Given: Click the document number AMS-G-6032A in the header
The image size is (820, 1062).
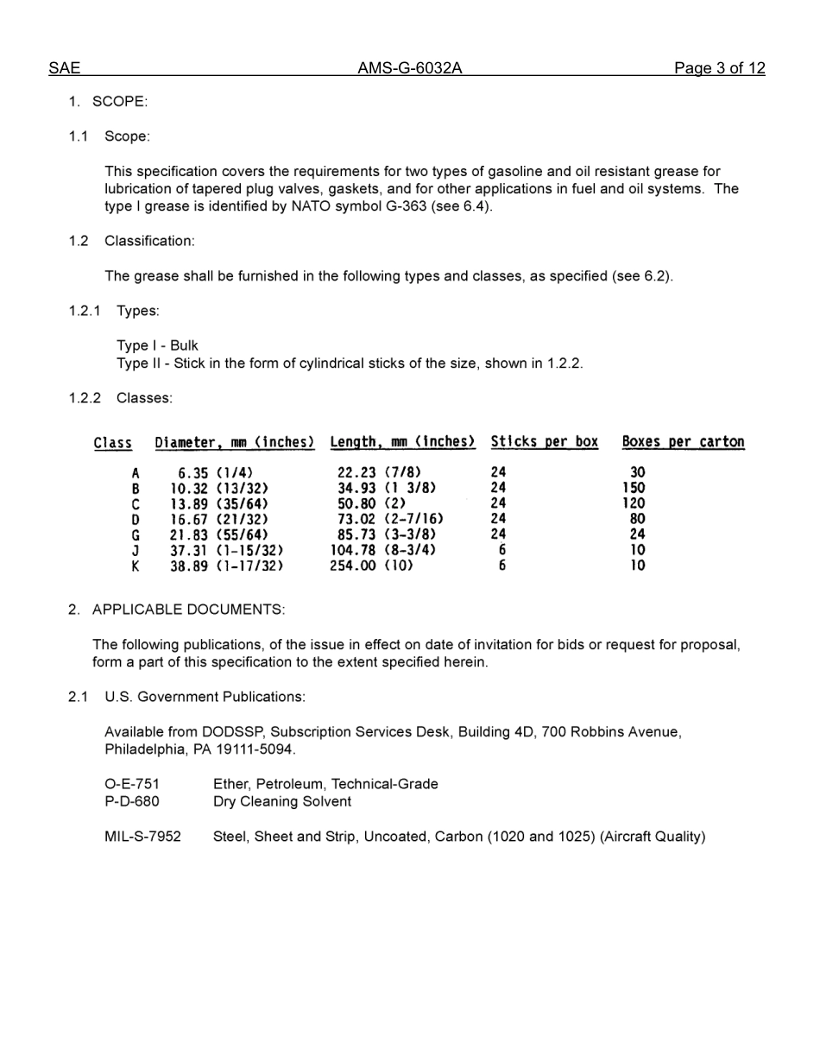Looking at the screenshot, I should click(409, 68).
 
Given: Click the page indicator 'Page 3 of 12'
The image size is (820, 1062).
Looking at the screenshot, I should click(719, 68).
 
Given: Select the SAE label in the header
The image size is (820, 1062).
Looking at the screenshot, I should click(64, 68).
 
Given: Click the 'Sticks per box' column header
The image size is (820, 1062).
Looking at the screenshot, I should click(544, 442).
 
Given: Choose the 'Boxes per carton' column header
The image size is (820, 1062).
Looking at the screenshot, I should click(683, 442).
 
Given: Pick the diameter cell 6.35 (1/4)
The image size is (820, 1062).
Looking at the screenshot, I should click(215, 473).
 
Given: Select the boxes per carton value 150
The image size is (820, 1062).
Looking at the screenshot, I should click(634, 488).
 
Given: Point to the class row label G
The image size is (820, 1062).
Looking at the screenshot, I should click(136, 535).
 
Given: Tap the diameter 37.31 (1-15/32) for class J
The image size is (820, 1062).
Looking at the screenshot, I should click(226, 551).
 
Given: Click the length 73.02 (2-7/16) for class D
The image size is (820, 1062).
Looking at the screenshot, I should click(390, 520).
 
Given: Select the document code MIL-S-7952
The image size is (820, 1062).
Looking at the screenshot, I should click(142, 837).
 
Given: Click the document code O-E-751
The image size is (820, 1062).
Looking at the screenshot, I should click(132, 784).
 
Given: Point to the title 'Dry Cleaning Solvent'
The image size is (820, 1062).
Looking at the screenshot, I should click(282, 801).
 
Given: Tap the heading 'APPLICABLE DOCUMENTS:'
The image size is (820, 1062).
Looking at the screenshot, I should click(188, 610).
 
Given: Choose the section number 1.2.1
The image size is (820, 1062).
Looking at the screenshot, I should click(85, 311).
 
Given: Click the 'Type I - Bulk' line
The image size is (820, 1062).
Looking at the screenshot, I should click(157, 345).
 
